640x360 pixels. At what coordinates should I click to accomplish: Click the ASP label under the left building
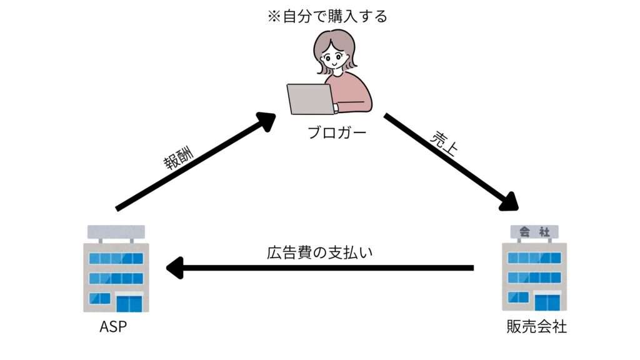[114, 327]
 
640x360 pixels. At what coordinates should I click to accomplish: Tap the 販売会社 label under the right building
[536, 327]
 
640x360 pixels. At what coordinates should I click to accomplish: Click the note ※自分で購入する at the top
[327, 16]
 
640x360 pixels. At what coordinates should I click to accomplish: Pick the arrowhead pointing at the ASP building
[175, 269]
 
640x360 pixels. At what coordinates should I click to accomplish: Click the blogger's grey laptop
[311, 99]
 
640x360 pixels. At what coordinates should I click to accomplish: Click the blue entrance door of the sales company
[546, 303]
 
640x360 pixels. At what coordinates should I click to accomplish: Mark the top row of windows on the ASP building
[116, 257]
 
